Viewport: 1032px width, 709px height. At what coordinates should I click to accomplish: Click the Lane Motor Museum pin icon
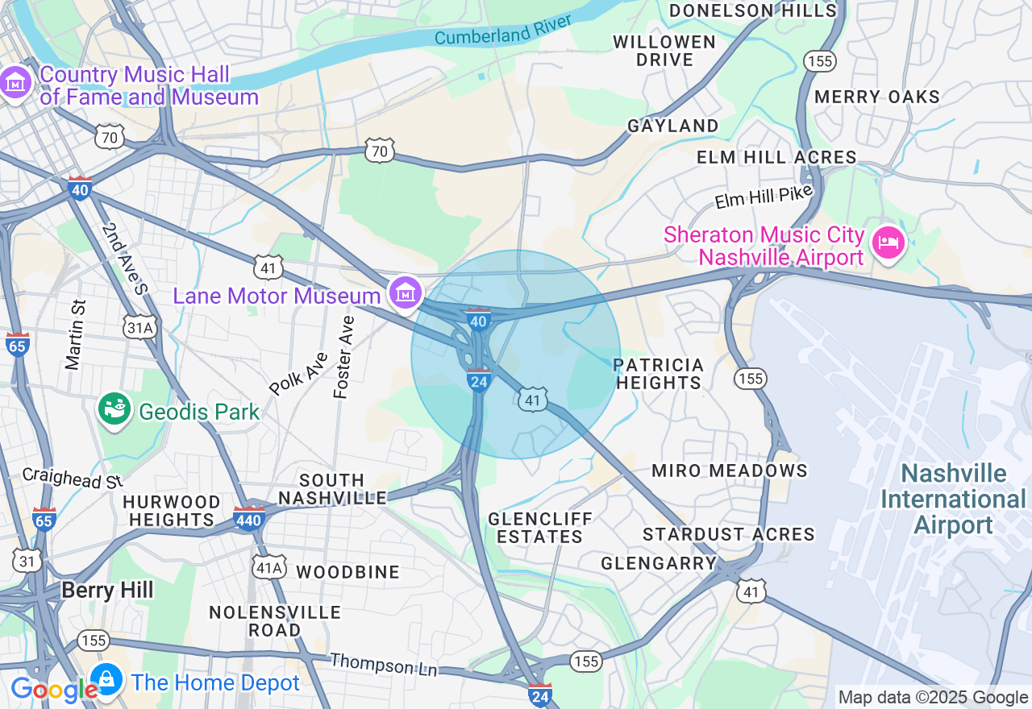[x=405, y=293]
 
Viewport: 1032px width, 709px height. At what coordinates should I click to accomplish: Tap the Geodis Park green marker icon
[x=114, y=410]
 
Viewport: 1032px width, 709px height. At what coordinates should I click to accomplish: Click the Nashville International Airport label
[x=953, y=499]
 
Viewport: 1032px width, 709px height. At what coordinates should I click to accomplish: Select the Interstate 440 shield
[x=248, y=519]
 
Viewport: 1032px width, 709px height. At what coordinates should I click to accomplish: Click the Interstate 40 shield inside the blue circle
[x=479, y=320]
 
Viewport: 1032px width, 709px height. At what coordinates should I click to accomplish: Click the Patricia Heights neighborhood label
[x=658, y=374]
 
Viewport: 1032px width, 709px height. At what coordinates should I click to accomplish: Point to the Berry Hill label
[x=107, y=590]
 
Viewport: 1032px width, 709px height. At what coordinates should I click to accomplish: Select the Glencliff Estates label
[x=539, y=528]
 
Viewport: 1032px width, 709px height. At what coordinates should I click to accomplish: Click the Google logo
[x=53, y=690]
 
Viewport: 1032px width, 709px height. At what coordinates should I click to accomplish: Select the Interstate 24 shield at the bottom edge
[x=540, y=694]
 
